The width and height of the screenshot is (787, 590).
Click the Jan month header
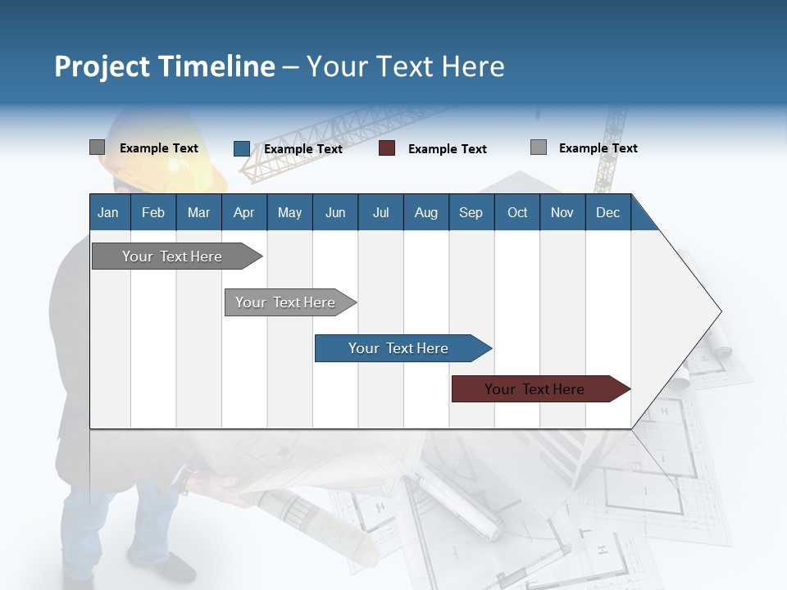click(x=108, y=212)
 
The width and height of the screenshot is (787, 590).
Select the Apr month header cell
click(x=243, y=212)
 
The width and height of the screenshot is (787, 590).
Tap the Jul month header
click(x=380, y=212)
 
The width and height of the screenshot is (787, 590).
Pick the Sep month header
click(x=471, y=212)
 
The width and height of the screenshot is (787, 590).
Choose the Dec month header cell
click(x=607, y=212)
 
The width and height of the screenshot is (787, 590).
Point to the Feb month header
click(x=153, y=212)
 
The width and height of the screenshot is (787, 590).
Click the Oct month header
click(x=517, y=212)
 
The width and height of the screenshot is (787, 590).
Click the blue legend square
click(x=241, y=148)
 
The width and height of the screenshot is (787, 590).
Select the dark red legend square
click(x=387, y=148)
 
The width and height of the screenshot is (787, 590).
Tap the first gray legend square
click(x=97, y=147)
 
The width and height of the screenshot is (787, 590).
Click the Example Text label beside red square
click(x=447, y=149)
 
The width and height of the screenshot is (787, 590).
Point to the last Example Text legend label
click(x=598, y=148)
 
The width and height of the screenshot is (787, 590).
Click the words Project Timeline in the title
click(x=164, y=66)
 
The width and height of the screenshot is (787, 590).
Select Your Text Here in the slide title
click(x=405, y=66)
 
